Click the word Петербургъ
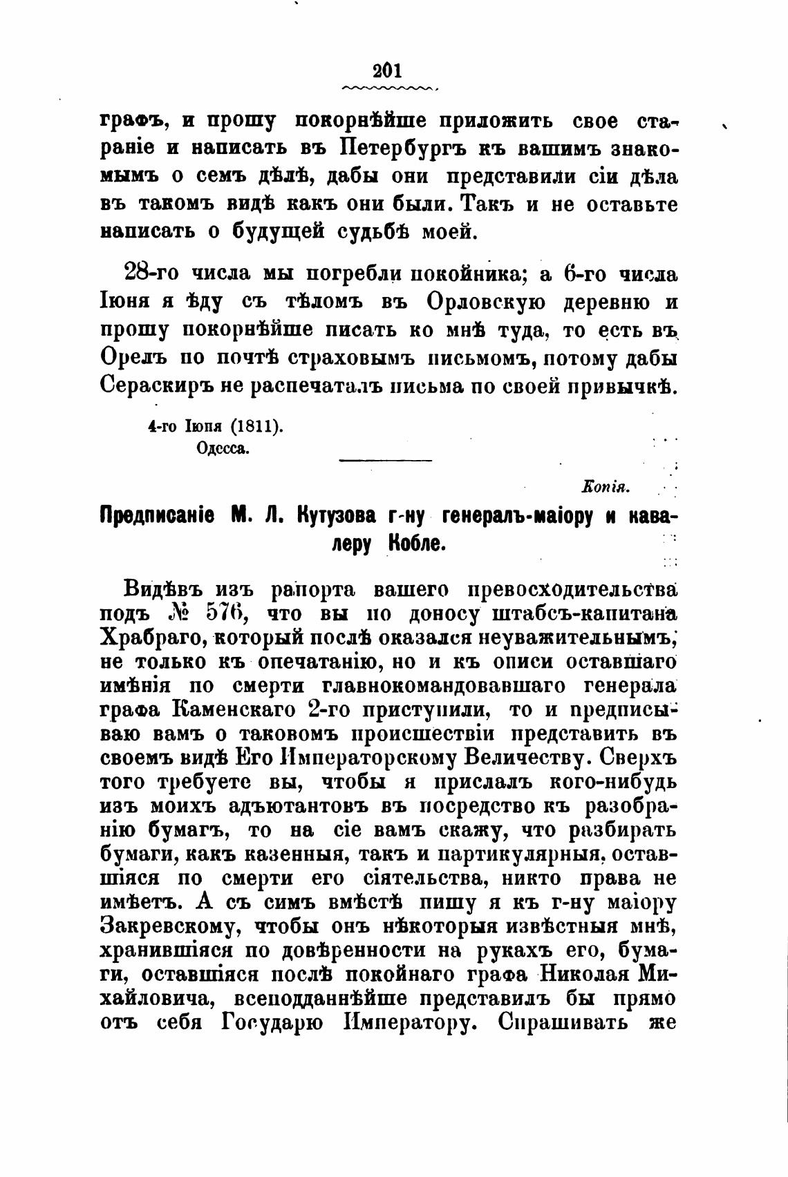click(408, 149)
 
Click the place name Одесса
click(223, 448)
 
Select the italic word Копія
click(606, 488)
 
